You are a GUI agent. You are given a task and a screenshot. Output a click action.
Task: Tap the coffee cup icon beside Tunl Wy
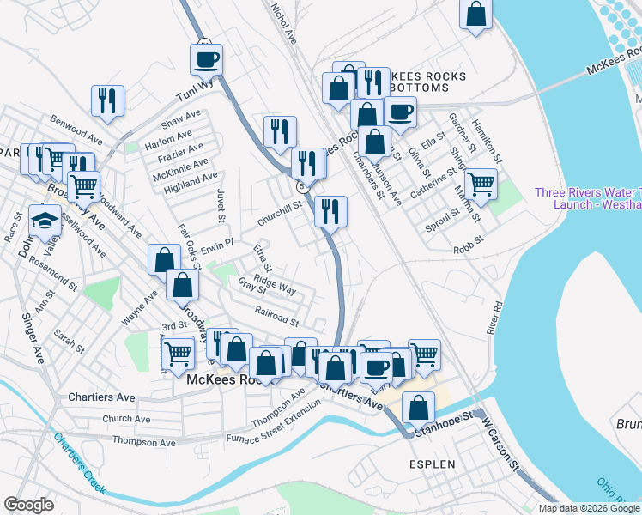click(x=206, y=60)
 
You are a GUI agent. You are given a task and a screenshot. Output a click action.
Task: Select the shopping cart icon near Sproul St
click(x=481, y=184)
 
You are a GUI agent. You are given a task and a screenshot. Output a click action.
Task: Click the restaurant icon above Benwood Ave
click(x=108, y=100)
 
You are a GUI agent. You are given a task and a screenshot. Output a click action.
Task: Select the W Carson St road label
click(x=501, y=447)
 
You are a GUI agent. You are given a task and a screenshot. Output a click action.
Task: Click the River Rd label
click(x=493, y=317)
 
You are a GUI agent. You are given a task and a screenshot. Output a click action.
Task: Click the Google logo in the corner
click(x=28, y=505)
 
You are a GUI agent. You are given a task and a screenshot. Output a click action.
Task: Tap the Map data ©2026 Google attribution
click(x=588, y=508)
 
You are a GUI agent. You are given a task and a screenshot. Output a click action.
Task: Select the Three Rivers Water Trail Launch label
click(x=587, y=198)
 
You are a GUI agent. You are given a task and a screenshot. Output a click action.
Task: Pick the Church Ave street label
click(x=127, y=420)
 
